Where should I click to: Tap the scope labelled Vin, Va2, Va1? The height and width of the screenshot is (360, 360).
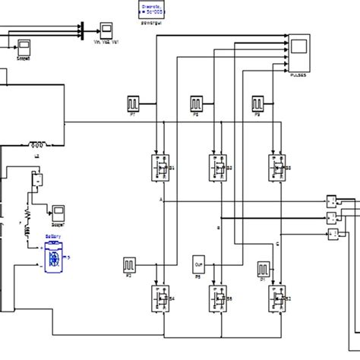pyautogui.click(x=106, y=31)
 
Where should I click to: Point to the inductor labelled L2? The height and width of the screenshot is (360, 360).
pyautogui.click(x=37, y=144)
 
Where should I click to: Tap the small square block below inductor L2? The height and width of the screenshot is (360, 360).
pyautogui.click(x=34, y=181)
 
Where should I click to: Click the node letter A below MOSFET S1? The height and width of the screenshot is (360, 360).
pyautogui.click(x=161, y=198)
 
